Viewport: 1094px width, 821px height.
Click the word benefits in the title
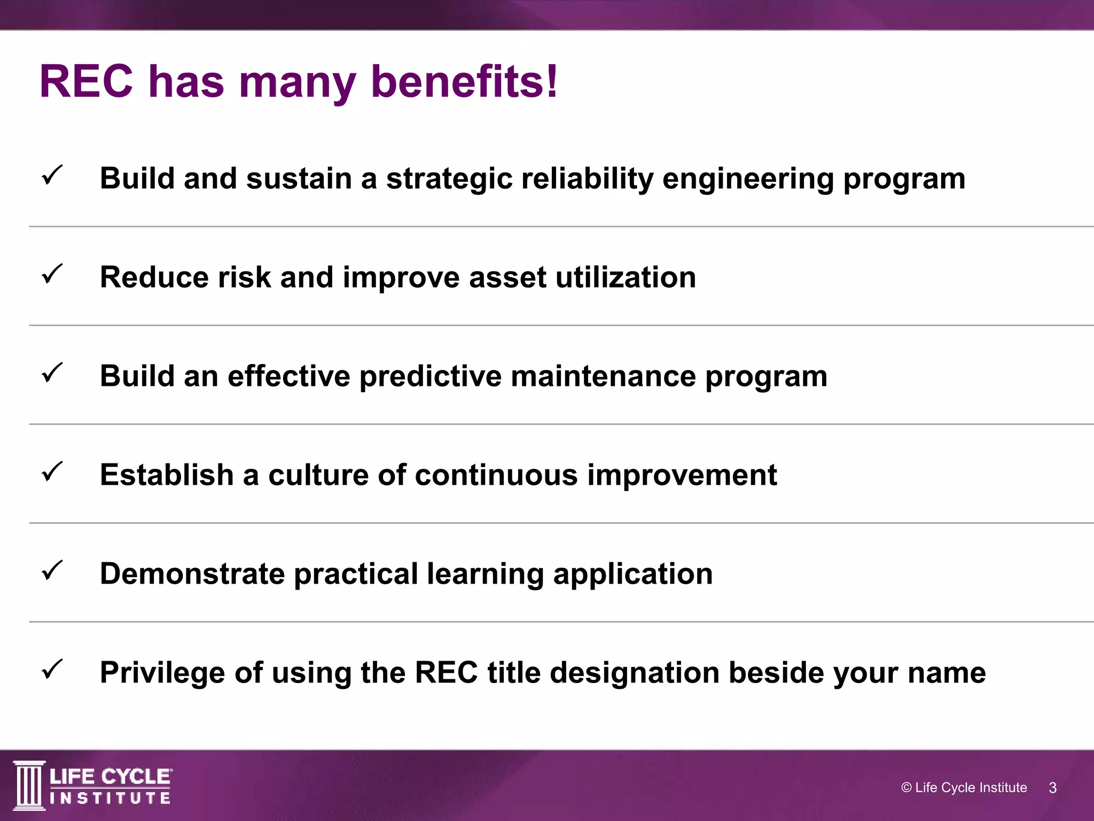[x=457, y=82]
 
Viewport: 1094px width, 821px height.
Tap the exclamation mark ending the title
[x=552, y=82]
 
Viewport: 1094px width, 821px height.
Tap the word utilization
[x=626, y=277]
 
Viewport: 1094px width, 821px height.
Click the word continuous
[x=496, y=475]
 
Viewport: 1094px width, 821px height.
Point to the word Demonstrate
[x=192, y=574]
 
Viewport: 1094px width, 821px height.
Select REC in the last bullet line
[x=446, y=672]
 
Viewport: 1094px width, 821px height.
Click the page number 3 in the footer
[x=1052, y=788]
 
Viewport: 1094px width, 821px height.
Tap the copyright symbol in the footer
[x=906, y=787]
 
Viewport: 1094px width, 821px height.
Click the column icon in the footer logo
[x=29, y=785]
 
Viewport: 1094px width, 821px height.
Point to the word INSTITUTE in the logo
[x=110, y=799]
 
